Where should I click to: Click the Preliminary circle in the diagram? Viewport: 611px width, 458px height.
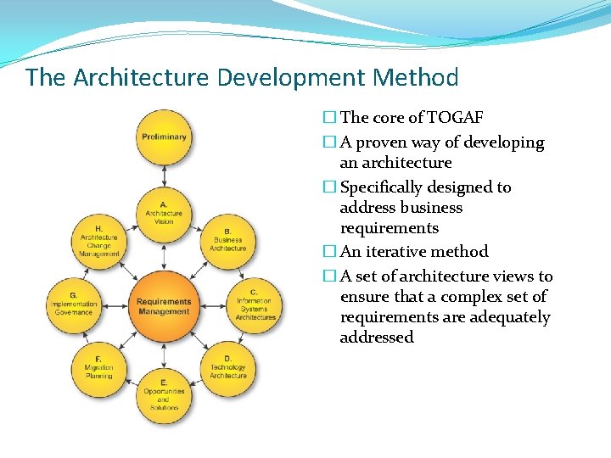[164, 137]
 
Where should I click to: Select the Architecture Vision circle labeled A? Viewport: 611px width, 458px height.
[164, 212]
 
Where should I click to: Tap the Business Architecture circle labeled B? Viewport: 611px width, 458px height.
[227, 240]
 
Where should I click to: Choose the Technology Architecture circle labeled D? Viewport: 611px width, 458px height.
[227, 368]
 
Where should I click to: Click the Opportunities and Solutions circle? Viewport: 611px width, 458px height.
[164, 395]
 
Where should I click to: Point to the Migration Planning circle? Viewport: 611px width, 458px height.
[99, 368]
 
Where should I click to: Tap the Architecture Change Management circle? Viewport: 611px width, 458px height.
[99, 241]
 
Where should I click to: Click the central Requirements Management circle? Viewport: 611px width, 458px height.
[164, 305]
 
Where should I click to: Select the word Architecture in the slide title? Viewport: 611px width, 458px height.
[142, 78]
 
